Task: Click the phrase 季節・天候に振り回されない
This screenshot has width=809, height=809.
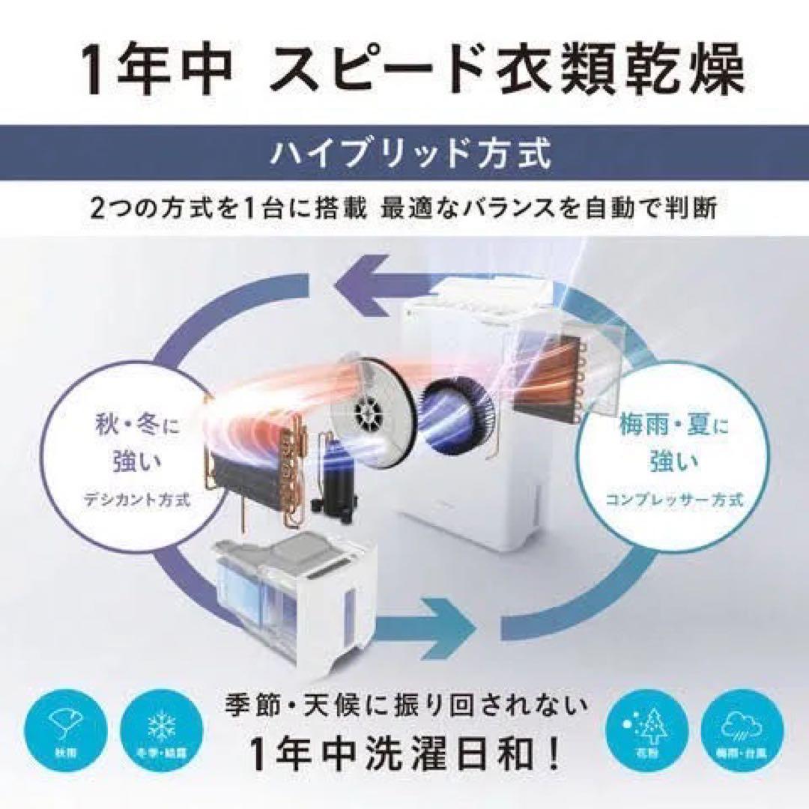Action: click(404, 706)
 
